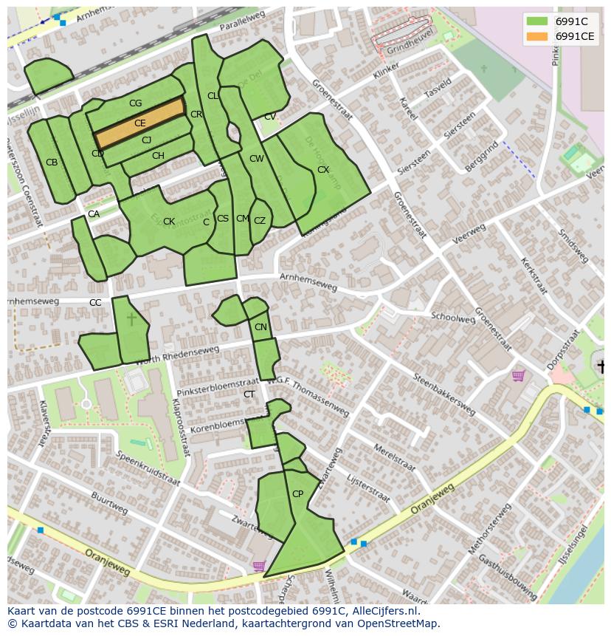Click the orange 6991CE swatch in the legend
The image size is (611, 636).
coord(537,36)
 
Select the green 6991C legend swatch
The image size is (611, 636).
coord(537,21)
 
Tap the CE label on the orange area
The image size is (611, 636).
coord(139,123)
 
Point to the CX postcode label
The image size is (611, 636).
coord(322,170)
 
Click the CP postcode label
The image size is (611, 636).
coord(297,494)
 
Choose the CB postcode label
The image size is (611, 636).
coord(52,163)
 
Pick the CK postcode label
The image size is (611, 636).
coord(169,222)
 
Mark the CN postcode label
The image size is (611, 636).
coord(260,327)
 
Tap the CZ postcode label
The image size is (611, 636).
coord(260,221)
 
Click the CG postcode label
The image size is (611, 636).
coord(135,103)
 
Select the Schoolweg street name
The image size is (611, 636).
coord(453,317)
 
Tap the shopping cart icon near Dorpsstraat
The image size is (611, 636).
coord(518,376)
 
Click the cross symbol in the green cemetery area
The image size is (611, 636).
coord(131,319)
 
